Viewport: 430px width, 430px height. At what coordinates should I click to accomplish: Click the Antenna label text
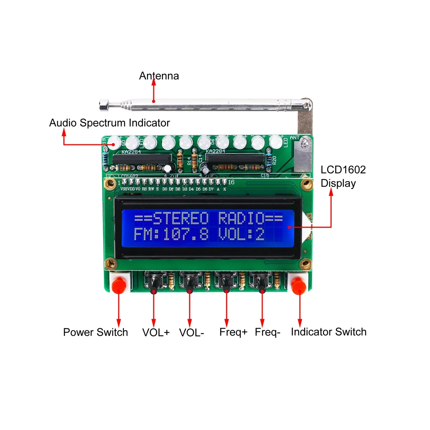click(x=159, y=76)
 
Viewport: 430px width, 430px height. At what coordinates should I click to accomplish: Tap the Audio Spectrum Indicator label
click(x=109, y=123)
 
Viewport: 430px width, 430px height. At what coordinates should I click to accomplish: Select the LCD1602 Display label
click(x=343, y=176)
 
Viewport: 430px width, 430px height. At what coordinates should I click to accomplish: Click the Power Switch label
click(x=95, y=332)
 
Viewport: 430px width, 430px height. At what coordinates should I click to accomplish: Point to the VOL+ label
click(x=156, y=333)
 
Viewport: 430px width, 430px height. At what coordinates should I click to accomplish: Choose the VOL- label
click(x=191, y=333)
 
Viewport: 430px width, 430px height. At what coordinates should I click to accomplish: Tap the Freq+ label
click(x=233, y=332)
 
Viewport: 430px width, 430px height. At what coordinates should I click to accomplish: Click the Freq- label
click(x=267, y=332)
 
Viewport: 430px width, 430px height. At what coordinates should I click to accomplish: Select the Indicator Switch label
click(x=329, y=332)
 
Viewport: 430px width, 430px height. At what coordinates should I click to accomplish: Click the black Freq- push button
click(x=262, y=283)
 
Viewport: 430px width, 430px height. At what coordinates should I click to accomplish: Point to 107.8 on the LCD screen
click(x=186, y=234)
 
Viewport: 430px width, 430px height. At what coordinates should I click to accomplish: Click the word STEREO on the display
click(x=181, y=218)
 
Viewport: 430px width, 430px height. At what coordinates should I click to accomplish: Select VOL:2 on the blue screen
click(x=241, y=234)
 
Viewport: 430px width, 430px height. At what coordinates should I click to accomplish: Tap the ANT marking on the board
click(x=295, y=138)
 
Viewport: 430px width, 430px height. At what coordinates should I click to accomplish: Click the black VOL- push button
click(x=189, y=283)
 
